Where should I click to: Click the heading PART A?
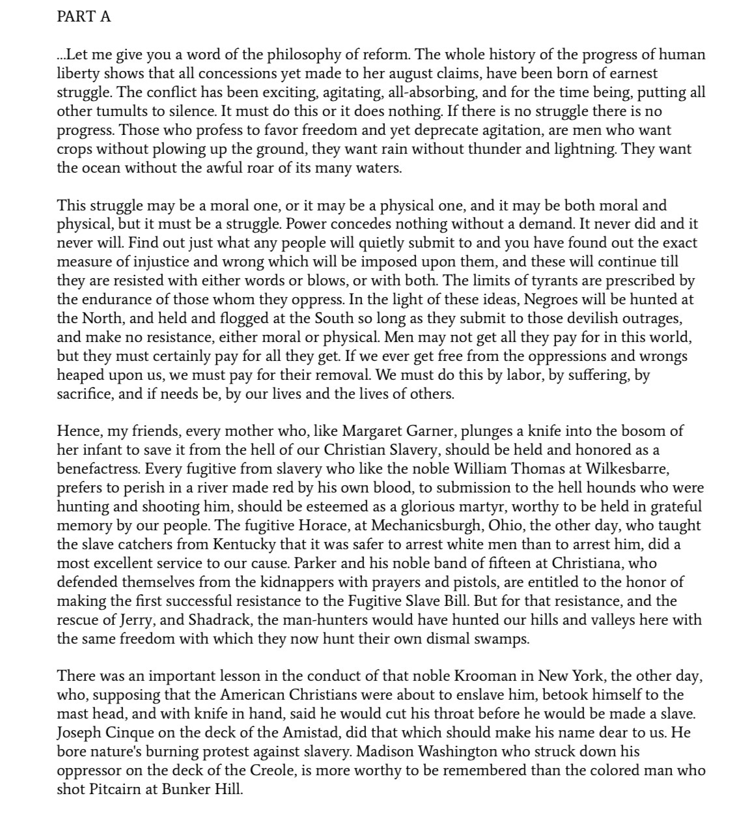coord(84,17)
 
